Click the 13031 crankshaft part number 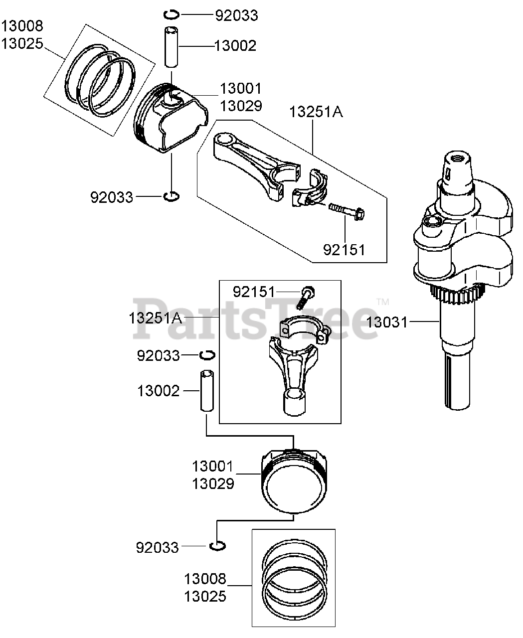[x=387, y=322]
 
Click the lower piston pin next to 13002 [x=207, y=390]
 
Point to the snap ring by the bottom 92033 [x=216, y=546]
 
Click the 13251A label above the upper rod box [x=317, y=112]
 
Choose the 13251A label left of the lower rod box [x=156, y=318]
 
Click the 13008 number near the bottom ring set [x=205, y=579]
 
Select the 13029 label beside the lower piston [x=213, y=483]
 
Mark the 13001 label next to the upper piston [x=241, y=89]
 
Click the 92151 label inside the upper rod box [x=345, y=249]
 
